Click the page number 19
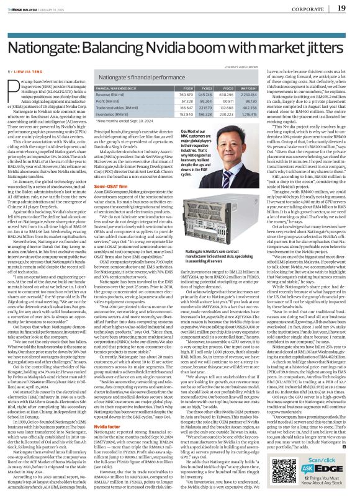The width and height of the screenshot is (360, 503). pyautogui.click(x=341, y=9)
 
